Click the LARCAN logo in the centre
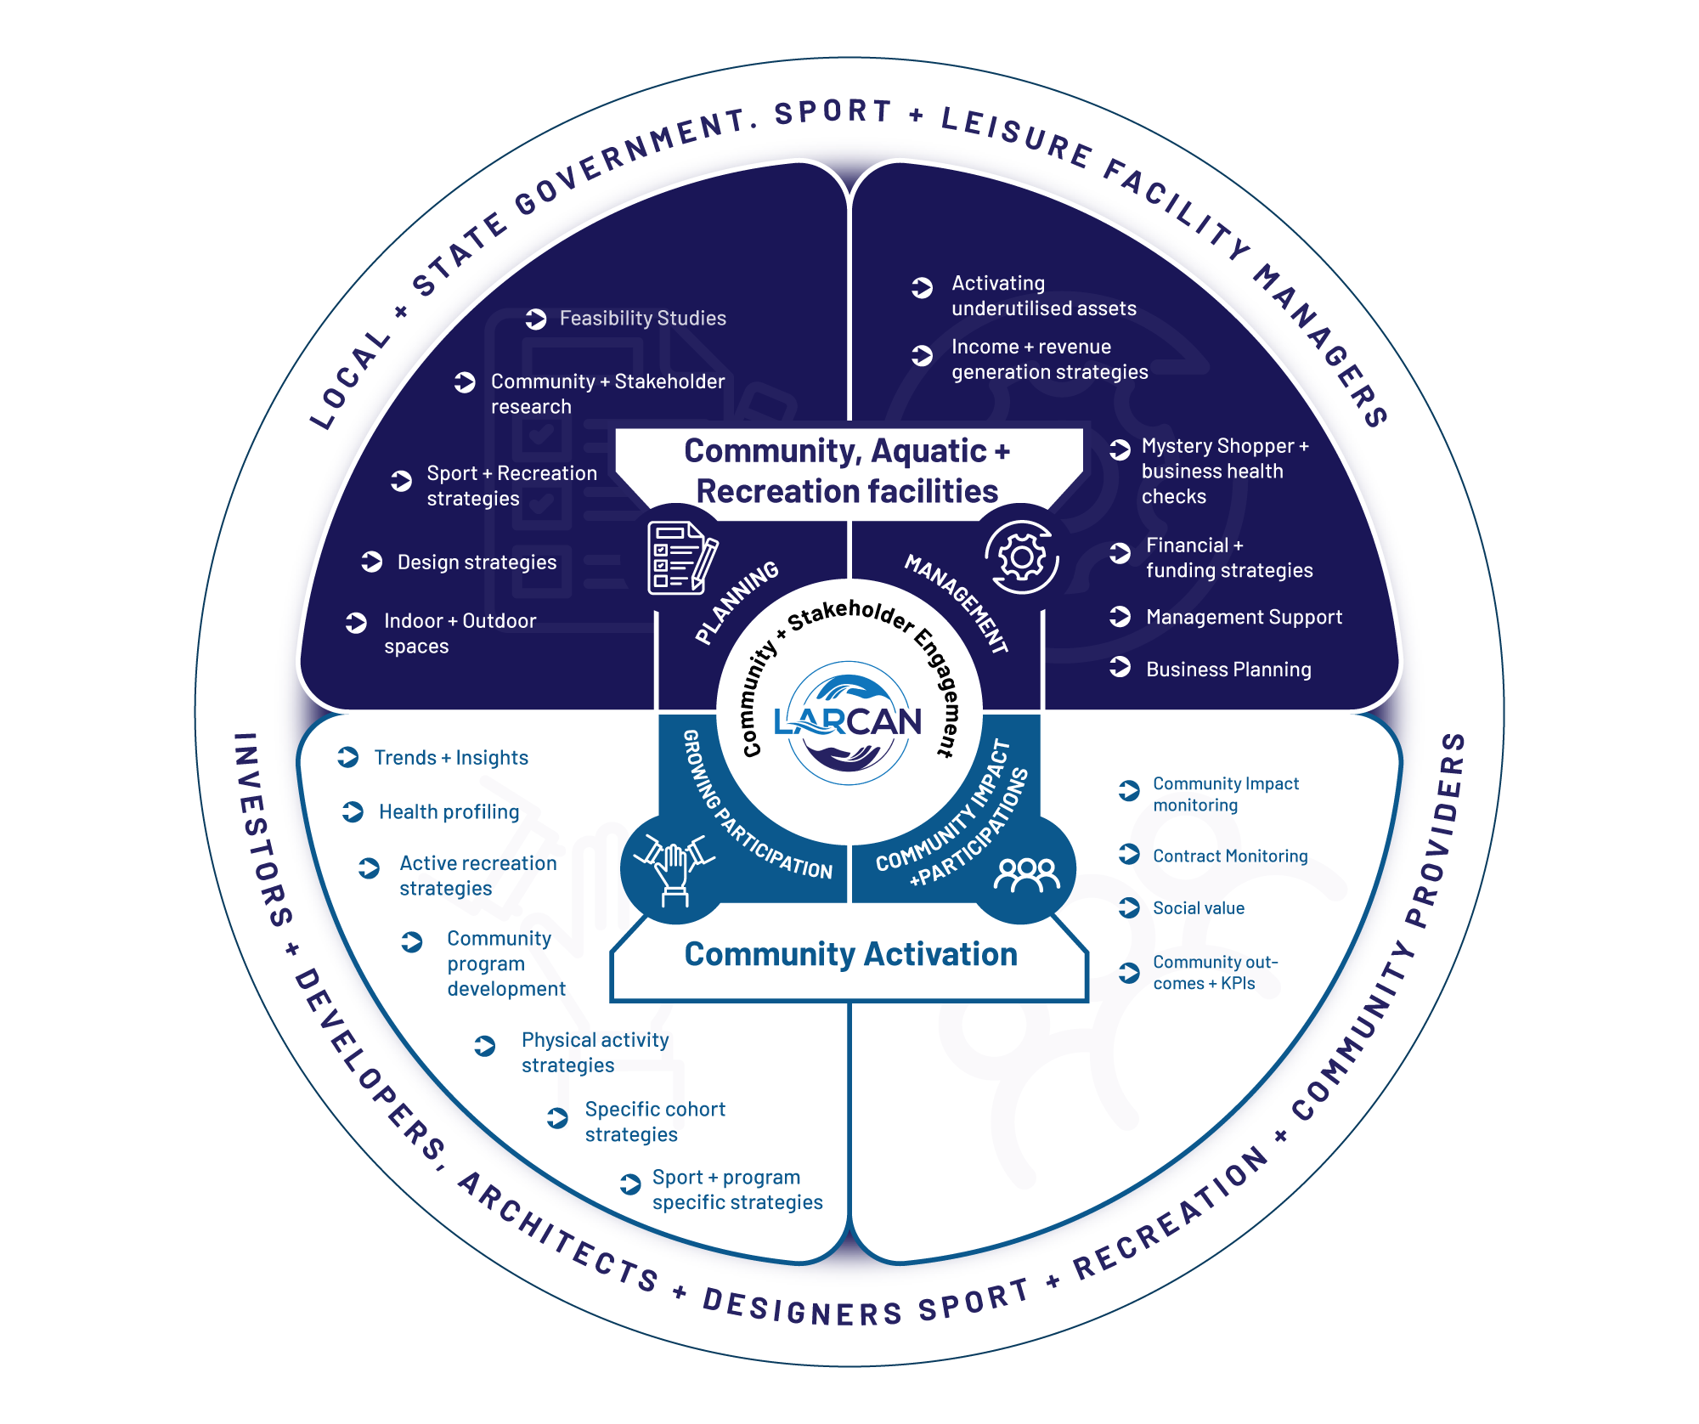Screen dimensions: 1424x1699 point(848,722)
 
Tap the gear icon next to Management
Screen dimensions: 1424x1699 point(1022,557)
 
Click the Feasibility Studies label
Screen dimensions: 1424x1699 point(642,319)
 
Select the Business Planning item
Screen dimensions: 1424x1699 point(1228,670)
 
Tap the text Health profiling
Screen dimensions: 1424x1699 point(449,812)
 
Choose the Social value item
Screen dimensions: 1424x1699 point(1198,908)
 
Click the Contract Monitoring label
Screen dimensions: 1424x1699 point(1229,856)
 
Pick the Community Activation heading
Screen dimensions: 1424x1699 point(850,955)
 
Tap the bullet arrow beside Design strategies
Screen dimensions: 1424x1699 point(372,562)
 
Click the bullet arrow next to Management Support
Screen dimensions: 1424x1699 point(1120,617)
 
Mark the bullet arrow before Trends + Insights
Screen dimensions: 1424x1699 point(348,757)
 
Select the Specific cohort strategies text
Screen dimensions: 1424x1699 point(654,1122)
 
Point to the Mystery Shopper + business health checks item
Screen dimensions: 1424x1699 point(1224,472)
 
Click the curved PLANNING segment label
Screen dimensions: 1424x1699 point(737,602)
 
